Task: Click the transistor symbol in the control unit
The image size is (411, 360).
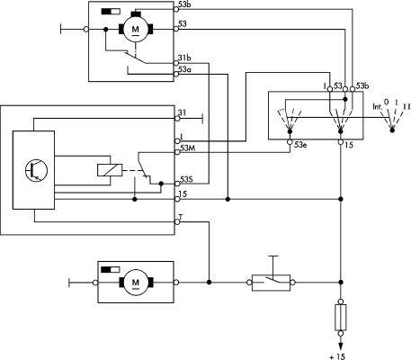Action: [x=36, y=170]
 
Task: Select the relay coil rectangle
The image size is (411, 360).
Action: [x=110, y=170]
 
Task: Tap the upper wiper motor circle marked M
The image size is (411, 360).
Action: [x=136, y=30]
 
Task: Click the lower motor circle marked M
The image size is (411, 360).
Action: [x=136, y=283]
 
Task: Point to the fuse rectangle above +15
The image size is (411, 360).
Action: [x=341, y=318]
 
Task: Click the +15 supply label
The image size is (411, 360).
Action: [x=337, y=356]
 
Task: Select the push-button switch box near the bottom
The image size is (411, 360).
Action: [x=271, y=283]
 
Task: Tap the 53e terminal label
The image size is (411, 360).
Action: [x=300, y=145]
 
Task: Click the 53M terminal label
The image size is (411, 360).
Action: [x=186, y=148]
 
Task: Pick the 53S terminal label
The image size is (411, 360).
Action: [x=186, y=179]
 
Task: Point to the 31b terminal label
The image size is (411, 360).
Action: [x=184, y=58]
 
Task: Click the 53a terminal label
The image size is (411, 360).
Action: [x=184, y=69]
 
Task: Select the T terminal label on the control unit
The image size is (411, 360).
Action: [x=181, y=217]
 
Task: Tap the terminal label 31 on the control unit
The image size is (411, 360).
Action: [x=182, y=112]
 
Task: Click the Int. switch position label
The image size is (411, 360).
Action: [x=378, y=106]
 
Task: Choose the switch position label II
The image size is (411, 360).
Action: [x=407, y=106]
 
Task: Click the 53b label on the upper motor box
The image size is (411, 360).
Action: [x=184, y=4]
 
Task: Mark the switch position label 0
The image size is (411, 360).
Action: [x=387, y=103]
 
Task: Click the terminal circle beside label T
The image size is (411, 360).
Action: [x=177, y=222]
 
